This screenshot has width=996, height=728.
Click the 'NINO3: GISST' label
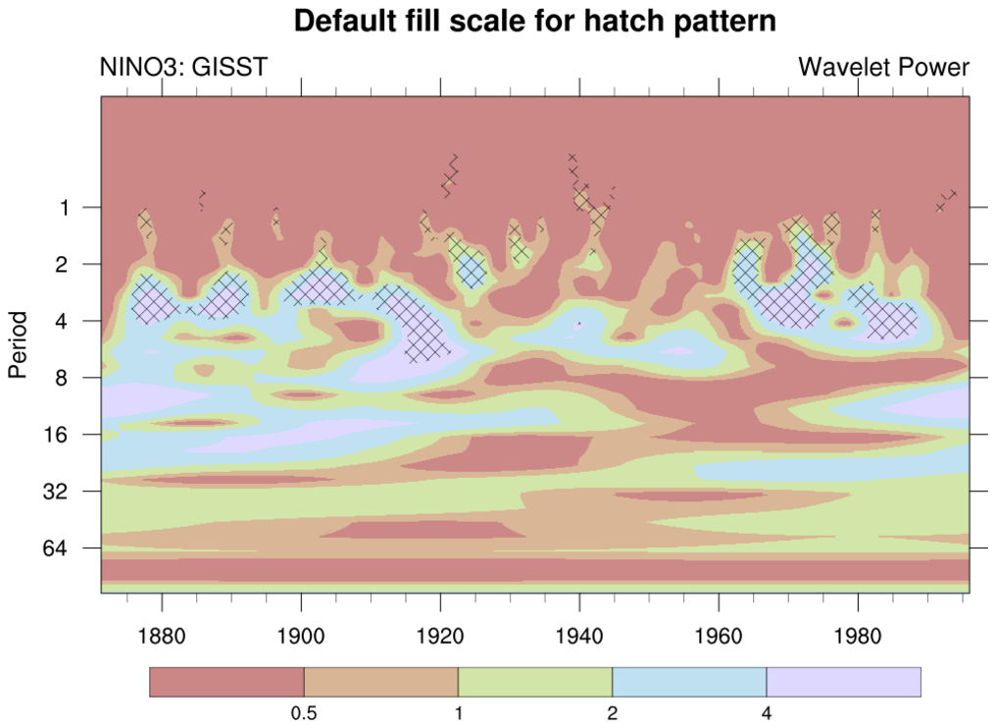183,68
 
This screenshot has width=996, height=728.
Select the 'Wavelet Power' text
883,68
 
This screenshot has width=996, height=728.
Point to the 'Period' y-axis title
18,344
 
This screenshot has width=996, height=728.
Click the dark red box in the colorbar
226,682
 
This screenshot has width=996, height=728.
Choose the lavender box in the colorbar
843,682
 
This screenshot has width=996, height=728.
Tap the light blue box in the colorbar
689,682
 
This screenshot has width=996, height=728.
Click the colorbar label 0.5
304,715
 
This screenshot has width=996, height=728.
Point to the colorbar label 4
767,715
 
